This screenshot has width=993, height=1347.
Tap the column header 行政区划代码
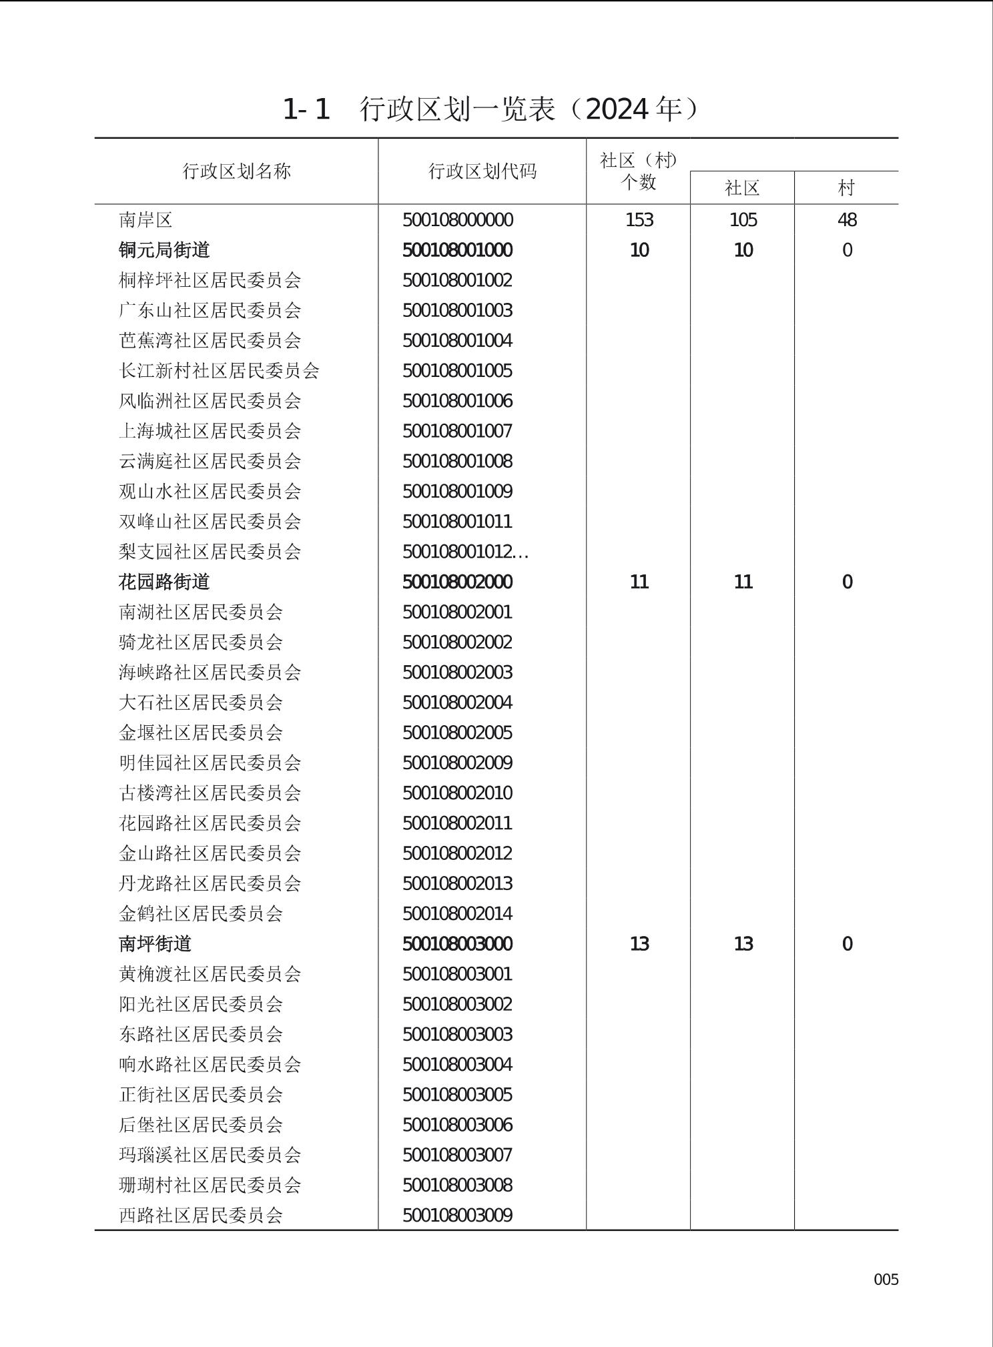[482, 171]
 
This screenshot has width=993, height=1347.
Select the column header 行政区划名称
[237, 171]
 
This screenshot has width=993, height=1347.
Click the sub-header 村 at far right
[846, 188]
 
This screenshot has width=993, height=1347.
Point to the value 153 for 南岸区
[639, 220]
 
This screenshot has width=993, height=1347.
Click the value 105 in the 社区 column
[743, 220]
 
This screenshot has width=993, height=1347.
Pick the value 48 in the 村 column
[847, 220]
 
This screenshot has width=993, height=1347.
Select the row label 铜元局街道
[164, 250]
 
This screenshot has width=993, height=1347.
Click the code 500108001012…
[465, 552]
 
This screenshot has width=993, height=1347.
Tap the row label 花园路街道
[164, 582]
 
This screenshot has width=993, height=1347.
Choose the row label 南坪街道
[155, 944]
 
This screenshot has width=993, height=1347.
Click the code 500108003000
[457, 944]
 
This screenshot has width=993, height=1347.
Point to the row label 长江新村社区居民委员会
[219, 371]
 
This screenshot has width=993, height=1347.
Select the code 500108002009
[457, 763]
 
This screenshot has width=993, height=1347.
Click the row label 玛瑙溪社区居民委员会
[210, 1155]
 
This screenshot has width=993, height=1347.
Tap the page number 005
[886, 1280]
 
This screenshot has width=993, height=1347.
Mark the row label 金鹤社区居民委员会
[200, 913]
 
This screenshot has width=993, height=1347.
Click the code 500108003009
[457, 1215]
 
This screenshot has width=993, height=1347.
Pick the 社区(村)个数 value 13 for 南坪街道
[639, 944]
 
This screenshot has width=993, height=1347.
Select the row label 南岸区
[145, 220]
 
